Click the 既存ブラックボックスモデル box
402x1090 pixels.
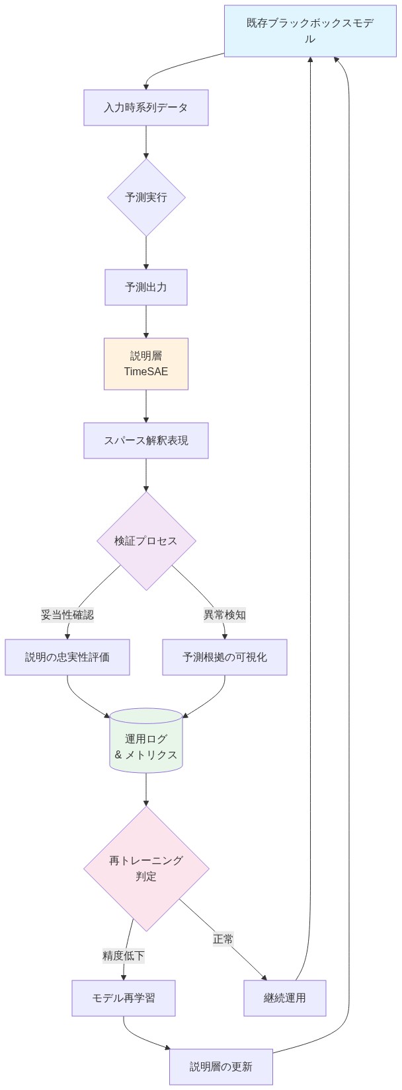pos(309,31)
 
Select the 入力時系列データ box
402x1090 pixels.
pos(146,108)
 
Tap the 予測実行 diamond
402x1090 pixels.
pos(146,198)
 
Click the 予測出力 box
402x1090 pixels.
pos(146,287)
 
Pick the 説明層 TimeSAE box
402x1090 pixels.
pos(146,364)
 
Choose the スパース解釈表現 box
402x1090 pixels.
pos(146,441)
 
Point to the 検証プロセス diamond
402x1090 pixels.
pos(146,541)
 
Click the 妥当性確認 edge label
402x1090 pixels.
pos(67,615)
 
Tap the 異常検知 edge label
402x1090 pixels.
pos(225,615)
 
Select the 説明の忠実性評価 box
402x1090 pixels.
pos(67,657)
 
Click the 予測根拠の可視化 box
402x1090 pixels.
pos(225,657)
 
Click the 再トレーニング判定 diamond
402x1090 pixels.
pos(146,869)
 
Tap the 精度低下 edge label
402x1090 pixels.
pos(124,956)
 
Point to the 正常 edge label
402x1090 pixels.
pos(223,939)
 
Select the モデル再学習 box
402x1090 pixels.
pos(124,998)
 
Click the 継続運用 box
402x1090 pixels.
pos(285,998)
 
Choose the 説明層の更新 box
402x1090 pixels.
pos(221,1067)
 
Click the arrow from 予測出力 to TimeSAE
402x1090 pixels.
pos(146,322)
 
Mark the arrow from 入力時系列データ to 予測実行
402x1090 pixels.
pos(146,142)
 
